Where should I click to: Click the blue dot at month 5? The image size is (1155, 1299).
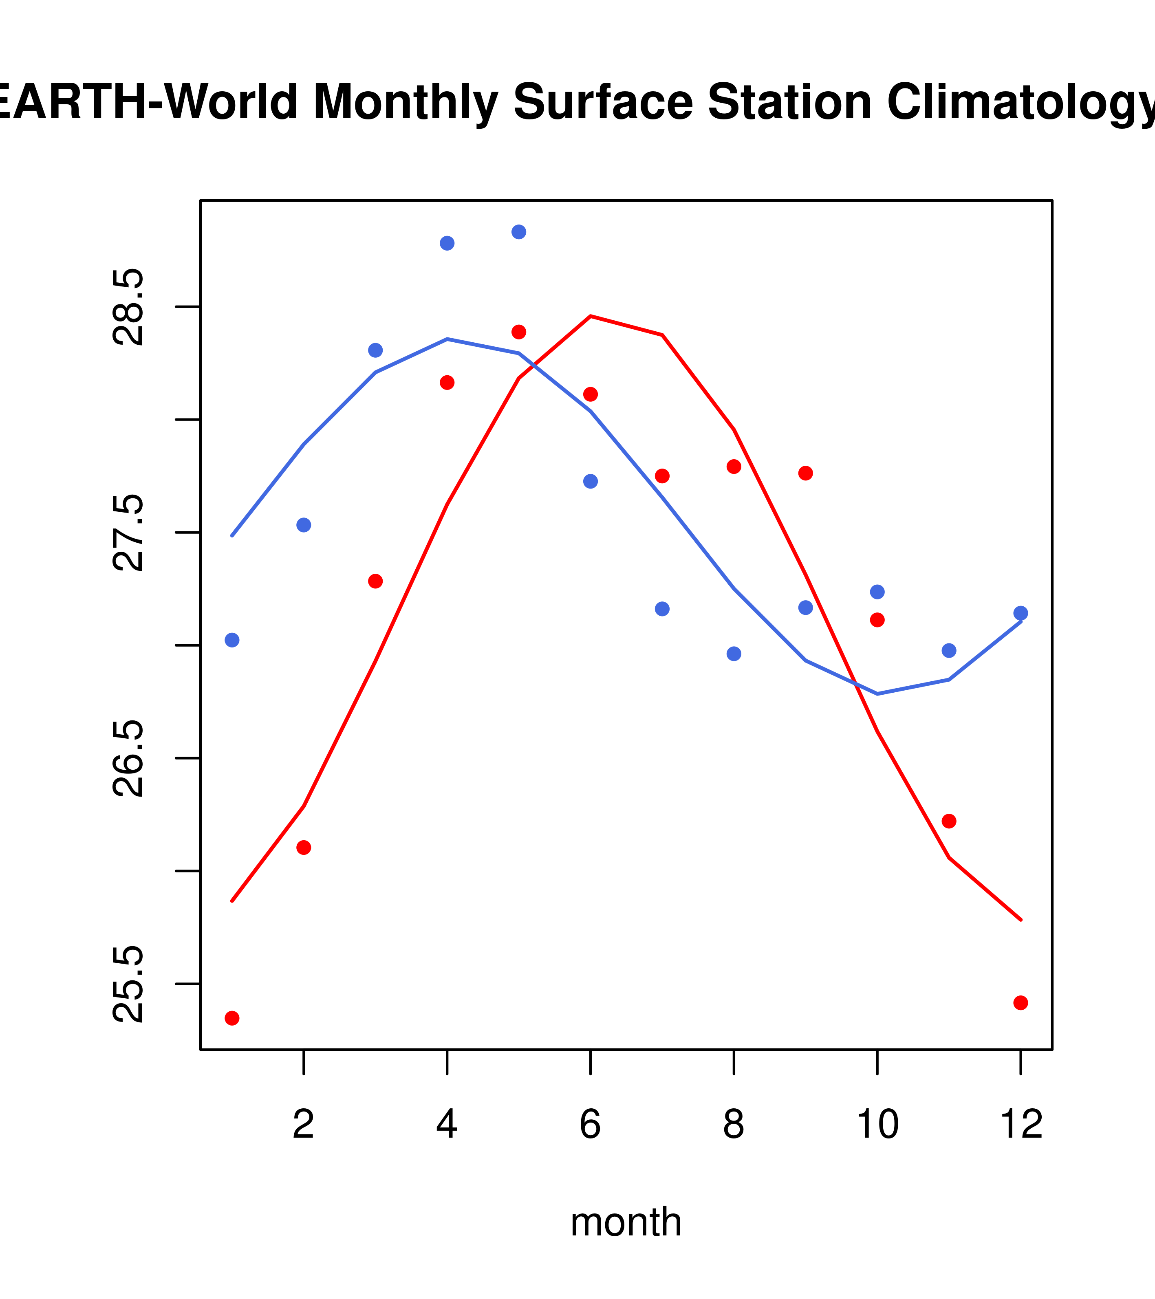point(519,232)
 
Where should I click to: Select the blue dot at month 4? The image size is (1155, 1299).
point(447,243)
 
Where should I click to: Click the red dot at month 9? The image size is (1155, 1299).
point(805,473)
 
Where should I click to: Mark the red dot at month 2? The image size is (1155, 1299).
point(304,847)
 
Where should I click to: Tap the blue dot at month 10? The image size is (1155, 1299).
point(877,592)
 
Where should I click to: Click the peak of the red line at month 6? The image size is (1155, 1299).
point(591,316)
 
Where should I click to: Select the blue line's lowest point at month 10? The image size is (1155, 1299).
point(877,694)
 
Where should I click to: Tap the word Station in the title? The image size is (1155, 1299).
point(789,102)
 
